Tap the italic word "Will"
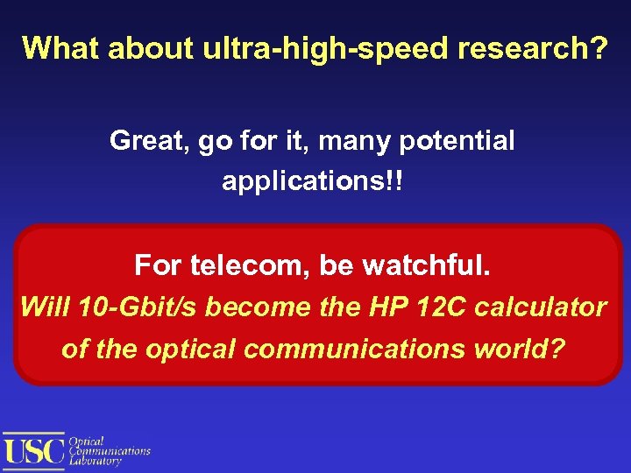click(45, 307)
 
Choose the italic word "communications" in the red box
click(357, 349)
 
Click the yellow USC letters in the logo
click(34, 450)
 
